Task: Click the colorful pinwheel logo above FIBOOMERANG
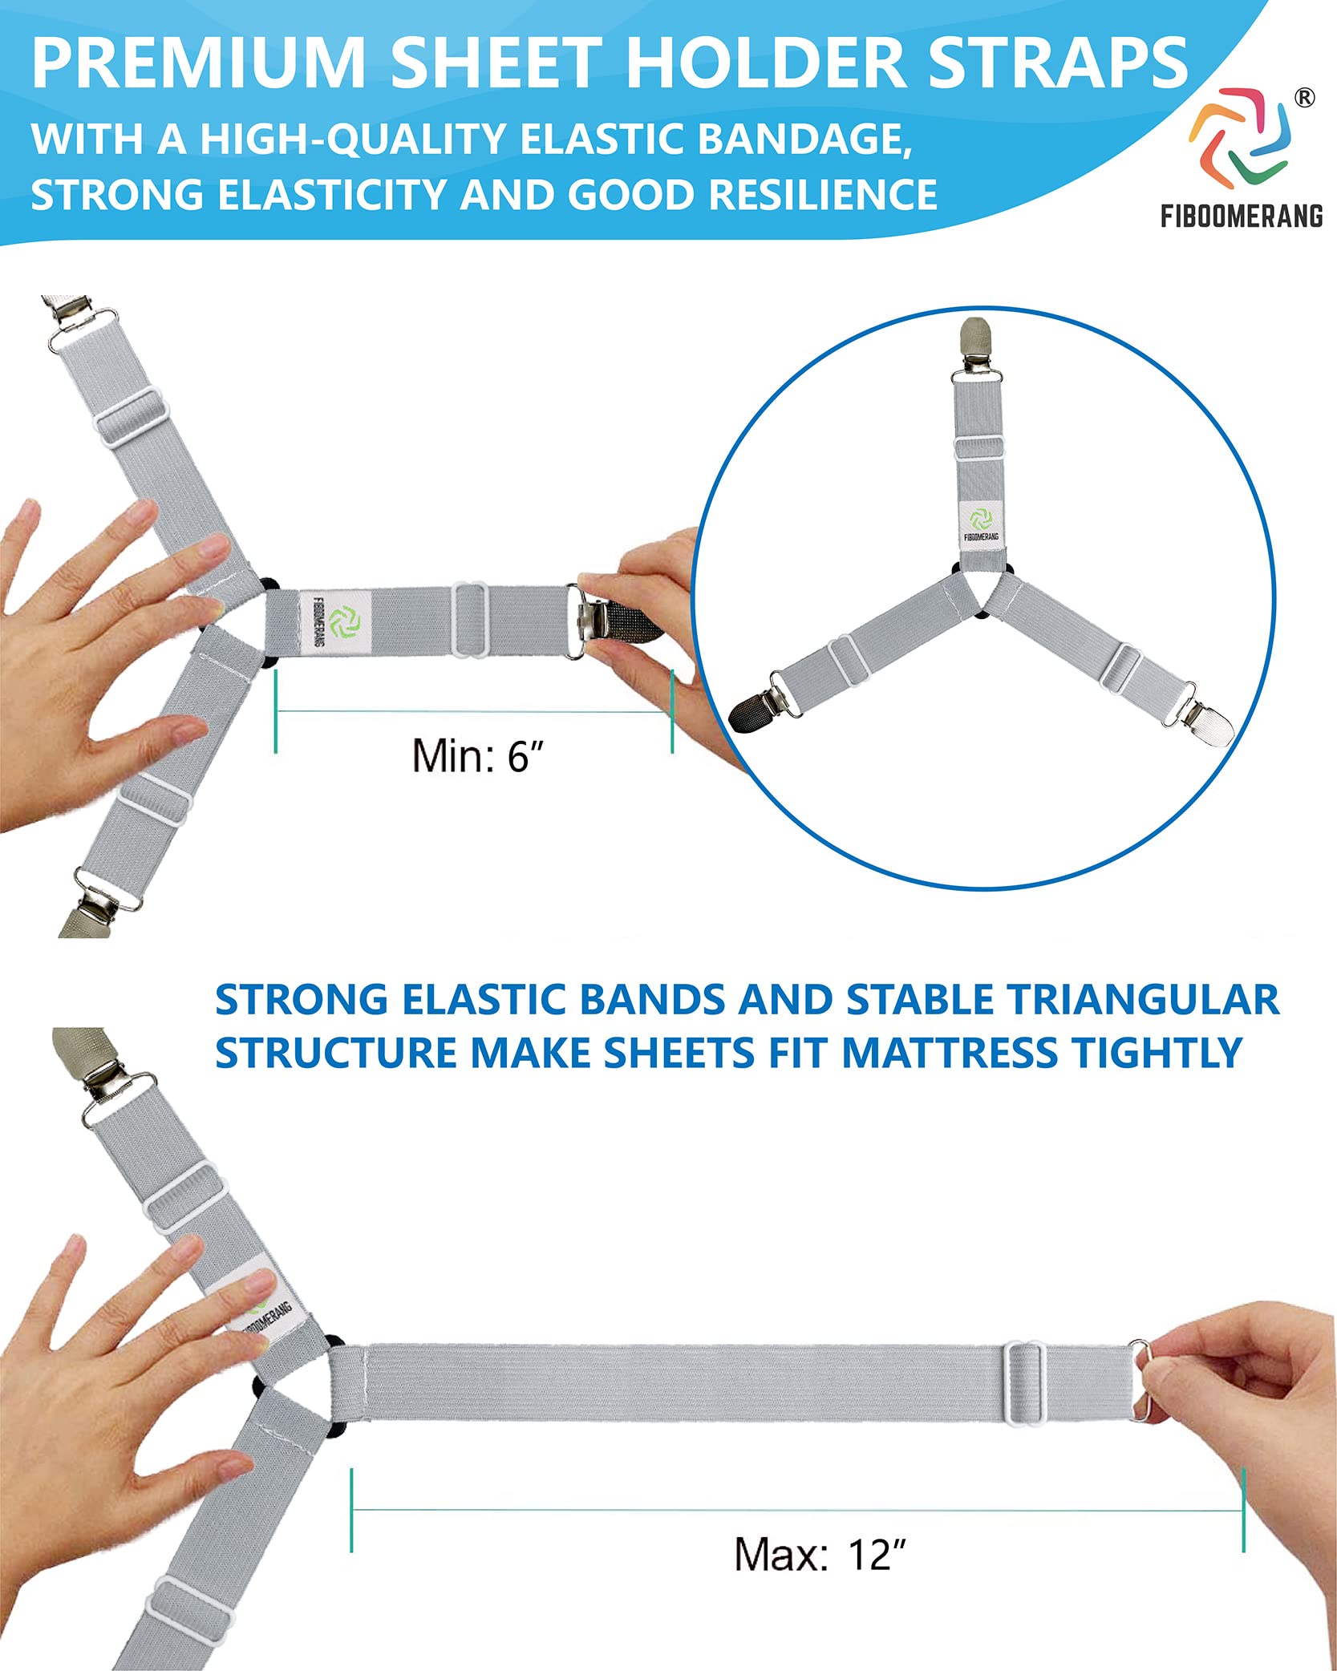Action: (x=1239, y=138)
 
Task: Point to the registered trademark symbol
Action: (x=1305, y=98)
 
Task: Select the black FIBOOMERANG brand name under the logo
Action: (x=1242, y=216)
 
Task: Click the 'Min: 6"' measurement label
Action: (x=478, y=755)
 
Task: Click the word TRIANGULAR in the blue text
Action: (x=1143, y=999)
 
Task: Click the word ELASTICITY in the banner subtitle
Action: (x=331, y=195)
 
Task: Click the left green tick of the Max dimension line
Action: (x=351, y=1510)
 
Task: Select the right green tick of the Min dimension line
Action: (x=672, y=711)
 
